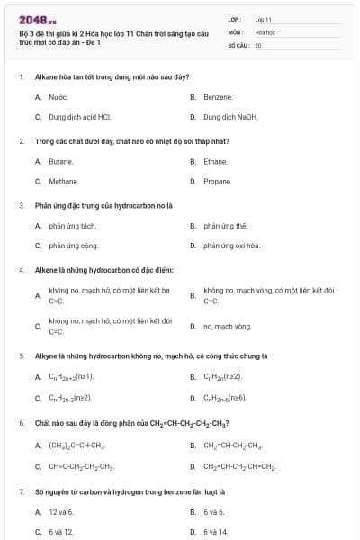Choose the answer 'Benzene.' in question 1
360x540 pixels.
point(218,96)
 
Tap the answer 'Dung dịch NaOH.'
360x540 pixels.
point(230,117)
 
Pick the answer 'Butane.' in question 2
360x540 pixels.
point(60,161)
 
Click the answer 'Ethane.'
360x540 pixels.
point(215,161)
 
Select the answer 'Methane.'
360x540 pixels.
point(62,181)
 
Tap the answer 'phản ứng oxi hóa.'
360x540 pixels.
point(231,246)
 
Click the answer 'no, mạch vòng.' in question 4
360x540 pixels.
point(227,326)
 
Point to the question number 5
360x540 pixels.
point(21,355)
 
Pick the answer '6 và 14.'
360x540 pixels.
point(216,532)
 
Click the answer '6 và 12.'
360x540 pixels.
point(61,532)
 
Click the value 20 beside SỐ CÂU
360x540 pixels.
point(258,44)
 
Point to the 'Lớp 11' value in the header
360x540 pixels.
point(264,18)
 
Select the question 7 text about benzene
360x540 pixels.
point(130,492)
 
